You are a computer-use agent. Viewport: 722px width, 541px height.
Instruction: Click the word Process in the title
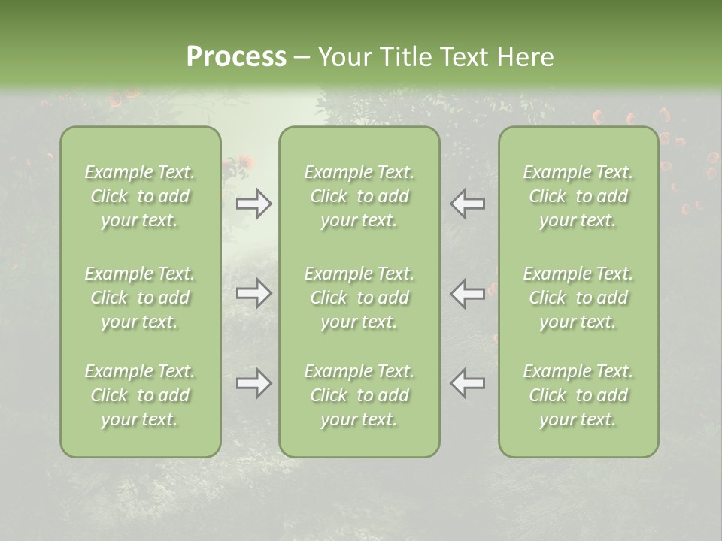(236, 57)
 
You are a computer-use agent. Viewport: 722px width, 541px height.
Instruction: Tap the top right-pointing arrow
(253, 204)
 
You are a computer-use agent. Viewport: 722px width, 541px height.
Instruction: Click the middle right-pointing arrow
(253, 293)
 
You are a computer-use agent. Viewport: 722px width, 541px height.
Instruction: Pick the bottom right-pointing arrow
(253, 384)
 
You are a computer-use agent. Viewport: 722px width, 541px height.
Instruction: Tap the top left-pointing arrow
(468, 204)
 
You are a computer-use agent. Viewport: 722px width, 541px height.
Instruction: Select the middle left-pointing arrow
(468, 293)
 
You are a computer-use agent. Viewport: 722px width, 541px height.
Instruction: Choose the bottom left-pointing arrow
(468, 384)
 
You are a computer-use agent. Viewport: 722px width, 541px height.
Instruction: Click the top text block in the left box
(140, 196)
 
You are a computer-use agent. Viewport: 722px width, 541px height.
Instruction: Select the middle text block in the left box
(140, 298)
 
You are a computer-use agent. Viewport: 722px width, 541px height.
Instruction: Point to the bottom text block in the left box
(140, 395)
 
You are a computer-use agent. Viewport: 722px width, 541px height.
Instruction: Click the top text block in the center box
(359, 196)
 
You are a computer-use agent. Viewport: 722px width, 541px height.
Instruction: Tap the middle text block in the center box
(359, 298)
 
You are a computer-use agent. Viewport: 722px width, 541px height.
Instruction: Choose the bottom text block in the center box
(359, 395)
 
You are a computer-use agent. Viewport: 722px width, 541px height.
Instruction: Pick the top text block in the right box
(578, 196)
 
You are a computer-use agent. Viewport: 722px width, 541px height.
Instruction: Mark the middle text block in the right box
(578, 298)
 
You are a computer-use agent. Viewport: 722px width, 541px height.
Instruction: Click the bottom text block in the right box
(578, 395)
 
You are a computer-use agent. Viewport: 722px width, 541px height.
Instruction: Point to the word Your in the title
(343, 57)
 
